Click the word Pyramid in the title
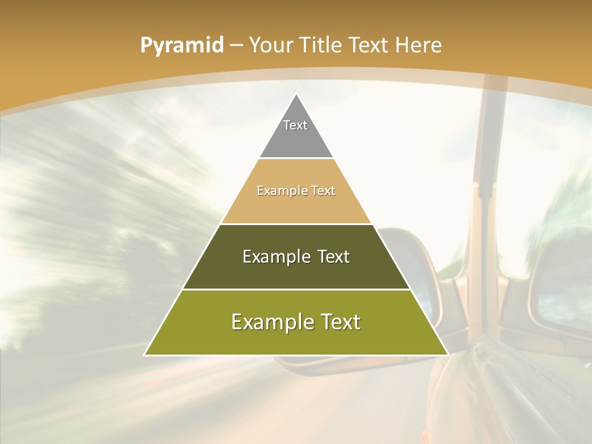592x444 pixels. (x=181, y=46)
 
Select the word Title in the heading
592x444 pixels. (x=321, y=46)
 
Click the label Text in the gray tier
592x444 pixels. (x=295, y=125)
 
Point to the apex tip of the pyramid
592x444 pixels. (x=297, y=94)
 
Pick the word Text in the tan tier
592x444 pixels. (x=323, y=191)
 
